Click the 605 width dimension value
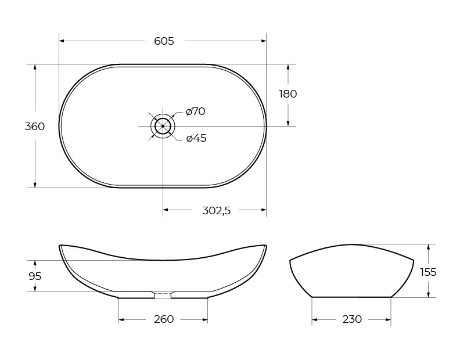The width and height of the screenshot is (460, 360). point(164,41)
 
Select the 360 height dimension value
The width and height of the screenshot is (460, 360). point(35,127)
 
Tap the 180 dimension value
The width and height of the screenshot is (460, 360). point(287,93)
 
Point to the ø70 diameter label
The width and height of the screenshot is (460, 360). point(196,111)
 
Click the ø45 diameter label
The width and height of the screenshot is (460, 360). point(196,138)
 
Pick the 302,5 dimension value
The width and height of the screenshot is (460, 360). point(216,211)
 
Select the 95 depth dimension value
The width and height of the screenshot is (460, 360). point(35,276)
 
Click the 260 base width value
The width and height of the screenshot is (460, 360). point(164,319)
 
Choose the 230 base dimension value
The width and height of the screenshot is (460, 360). point(352,319)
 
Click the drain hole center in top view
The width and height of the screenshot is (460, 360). point(163,126)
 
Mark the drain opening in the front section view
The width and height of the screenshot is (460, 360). point(163,294)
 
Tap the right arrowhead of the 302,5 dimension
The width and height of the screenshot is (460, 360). point(263,209)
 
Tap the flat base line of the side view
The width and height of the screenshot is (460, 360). point(351,297)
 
